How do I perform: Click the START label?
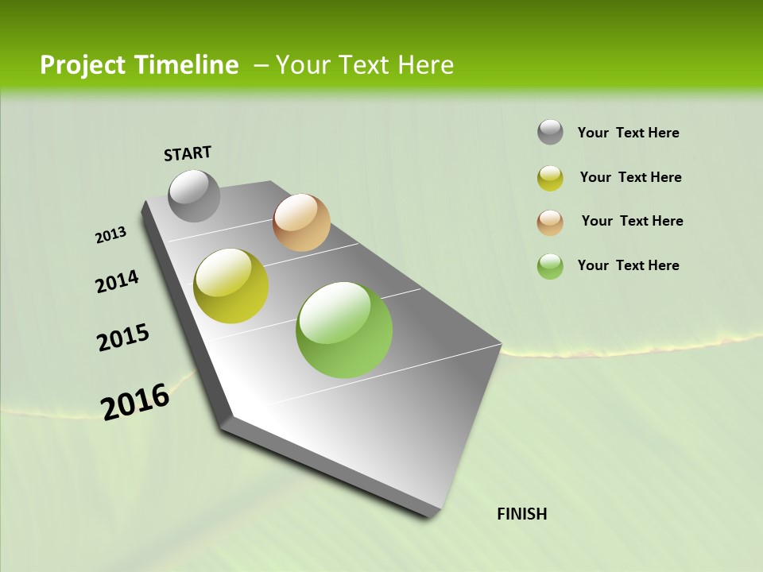[x=188, y=153]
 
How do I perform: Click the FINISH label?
[x=522, y=514]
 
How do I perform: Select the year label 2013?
[x=111, y=235]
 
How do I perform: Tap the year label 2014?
[x=118, y=282]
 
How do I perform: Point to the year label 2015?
[x=123, y=338]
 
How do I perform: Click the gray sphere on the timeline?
[x=195, y=195]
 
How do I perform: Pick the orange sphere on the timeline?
[x=301, y=222]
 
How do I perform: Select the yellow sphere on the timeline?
[x=231, y=286]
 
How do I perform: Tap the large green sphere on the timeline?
[x=344, y=330]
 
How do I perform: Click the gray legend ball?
[x=550, y=132]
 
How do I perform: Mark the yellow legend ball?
[x=550, y=178]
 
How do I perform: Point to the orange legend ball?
[x=550, y=222]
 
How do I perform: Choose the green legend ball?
[x=550, y=266]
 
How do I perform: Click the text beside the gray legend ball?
[x=628, y=133]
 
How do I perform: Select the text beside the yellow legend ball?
[x=630, y=177]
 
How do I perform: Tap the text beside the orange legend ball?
[x=632, y=221]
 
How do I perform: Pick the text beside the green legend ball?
[x=628, y=265]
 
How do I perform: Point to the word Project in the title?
[x=82, y=65]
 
